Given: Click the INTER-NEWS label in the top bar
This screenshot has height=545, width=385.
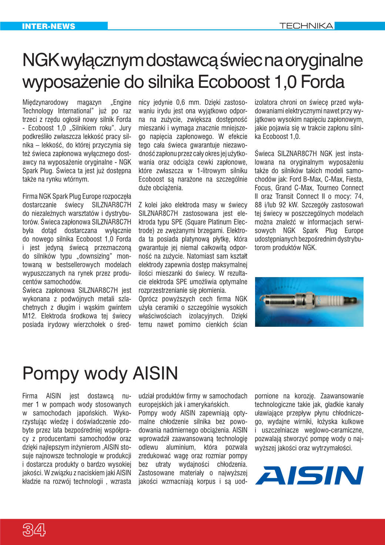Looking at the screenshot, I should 48,26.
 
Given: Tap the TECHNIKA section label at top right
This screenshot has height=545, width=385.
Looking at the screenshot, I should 306,26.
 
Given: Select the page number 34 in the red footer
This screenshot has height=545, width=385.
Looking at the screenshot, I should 34,530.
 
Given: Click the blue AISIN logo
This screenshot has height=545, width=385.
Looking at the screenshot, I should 309,475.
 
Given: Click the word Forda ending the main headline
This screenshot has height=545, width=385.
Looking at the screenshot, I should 322,82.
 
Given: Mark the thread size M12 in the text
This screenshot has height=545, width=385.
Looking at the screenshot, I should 29,316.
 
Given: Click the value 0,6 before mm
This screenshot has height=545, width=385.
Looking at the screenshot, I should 180,102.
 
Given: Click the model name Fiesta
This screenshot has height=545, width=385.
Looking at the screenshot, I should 354,179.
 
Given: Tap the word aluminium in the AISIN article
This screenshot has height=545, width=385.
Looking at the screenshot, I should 180,447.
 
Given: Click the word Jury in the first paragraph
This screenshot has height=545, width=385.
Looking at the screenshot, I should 125,128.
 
